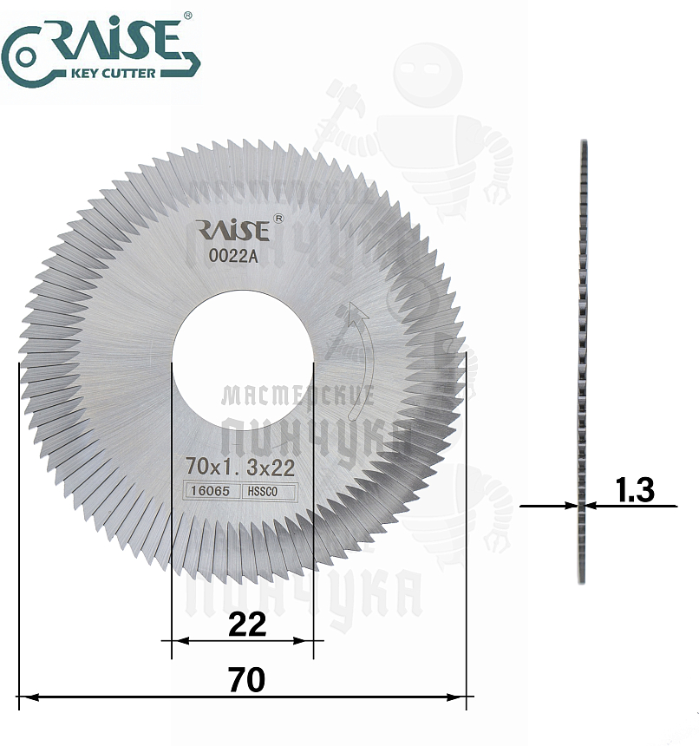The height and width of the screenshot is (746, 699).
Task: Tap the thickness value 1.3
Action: click(634, 490)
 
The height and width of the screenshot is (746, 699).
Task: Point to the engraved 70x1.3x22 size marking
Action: click(240, 468)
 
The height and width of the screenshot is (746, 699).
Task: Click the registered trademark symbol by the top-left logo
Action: click(186, 15)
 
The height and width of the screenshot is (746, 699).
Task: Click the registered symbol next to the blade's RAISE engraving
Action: click(278, 219)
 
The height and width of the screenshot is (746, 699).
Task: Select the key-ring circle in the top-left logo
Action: click(24, 57)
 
